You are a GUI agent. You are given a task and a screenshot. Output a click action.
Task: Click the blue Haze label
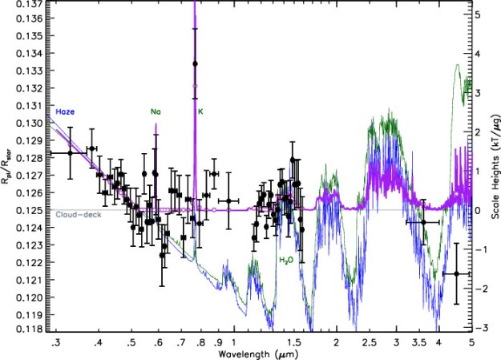pyautogui.click(x=65, y=112)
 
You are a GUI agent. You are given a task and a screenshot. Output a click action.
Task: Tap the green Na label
pyautogui.click(x=155, y=112)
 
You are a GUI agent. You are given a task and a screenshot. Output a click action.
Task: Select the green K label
pyautogui.click(x=200, y=112)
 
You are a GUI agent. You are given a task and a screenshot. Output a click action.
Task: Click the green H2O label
pyautogui.click(x=287, y=261)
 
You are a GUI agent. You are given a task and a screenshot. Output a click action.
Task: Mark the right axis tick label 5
pyautogui.click(x=479, y=14)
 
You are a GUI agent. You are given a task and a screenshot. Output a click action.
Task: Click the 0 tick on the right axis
pyautogui.click(x=479, y=210)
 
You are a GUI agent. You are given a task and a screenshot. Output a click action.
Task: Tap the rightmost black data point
pyautogui.click(x=456, y=273)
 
